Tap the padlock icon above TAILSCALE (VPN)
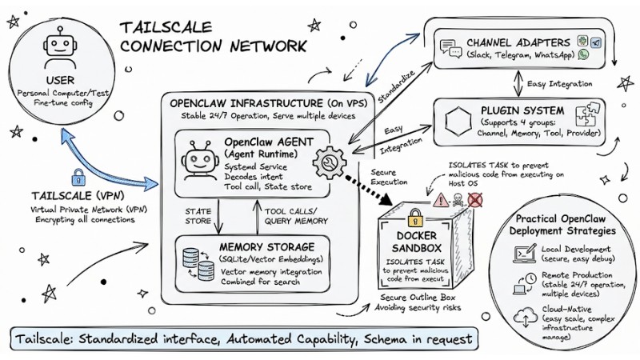coord(78,178)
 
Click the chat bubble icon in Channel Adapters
coord(448,48)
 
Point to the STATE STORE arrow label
coord(199,216)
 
